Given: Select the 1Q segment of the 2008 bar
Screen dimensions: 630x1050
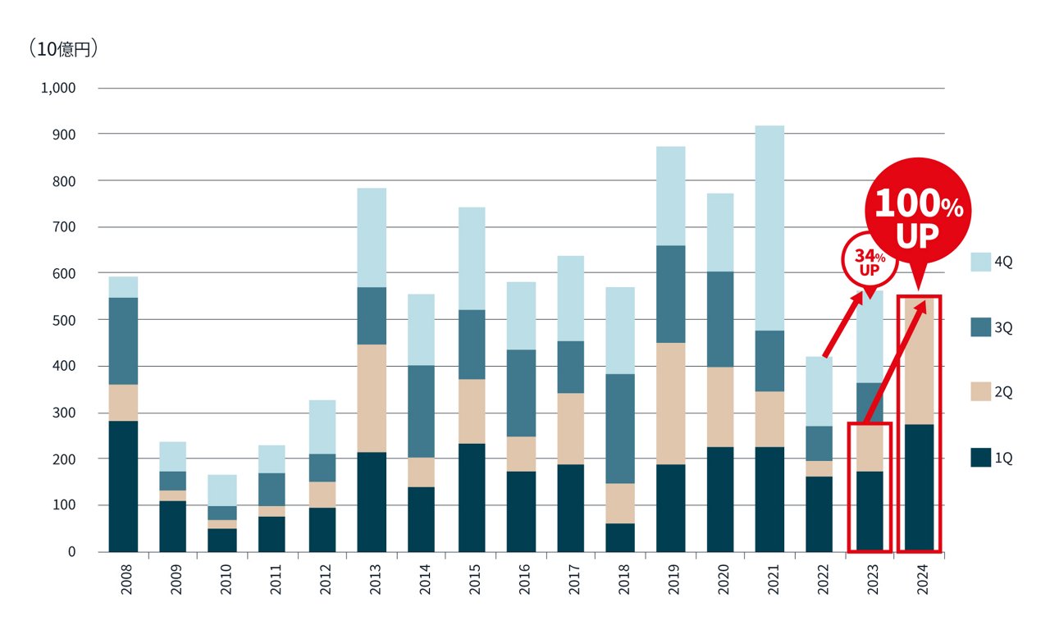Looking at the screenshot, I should point(123,486).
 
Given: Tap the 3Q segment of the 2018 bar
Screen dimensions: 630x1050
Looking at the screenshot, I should point(620,428).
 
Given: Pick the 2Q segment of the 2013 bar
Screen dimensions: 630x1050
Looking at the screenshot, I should point(372,398).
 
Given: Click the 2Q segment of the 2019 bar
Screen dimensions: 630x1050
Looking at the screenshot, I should point(670,404).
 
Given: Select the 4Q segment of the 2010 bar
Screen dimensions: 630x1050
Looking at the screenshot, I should point(221,490).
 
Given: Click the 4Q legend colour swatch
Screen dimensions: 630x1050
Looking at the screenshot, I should point(981,262).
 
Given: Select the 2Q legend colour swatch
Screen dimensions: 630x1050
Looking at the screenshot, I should point(981,392).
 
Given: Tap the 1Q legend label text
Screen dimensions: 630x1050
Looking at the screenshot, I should point(1004,458).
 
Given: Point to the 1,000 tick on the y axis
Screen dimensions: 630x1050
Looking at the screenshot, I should point(58,88).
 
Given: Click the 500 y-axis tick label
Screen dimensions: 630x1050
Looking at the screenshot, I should point(64,320).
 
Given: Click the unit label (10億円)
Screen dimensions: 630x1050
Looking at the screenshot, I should point(63,49).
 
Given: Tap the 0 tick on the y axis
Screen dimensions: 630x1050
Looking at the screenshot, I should point(71,552).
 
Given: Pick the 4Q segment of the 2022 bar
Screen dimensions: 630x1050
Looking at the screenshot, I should point(819,391).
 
